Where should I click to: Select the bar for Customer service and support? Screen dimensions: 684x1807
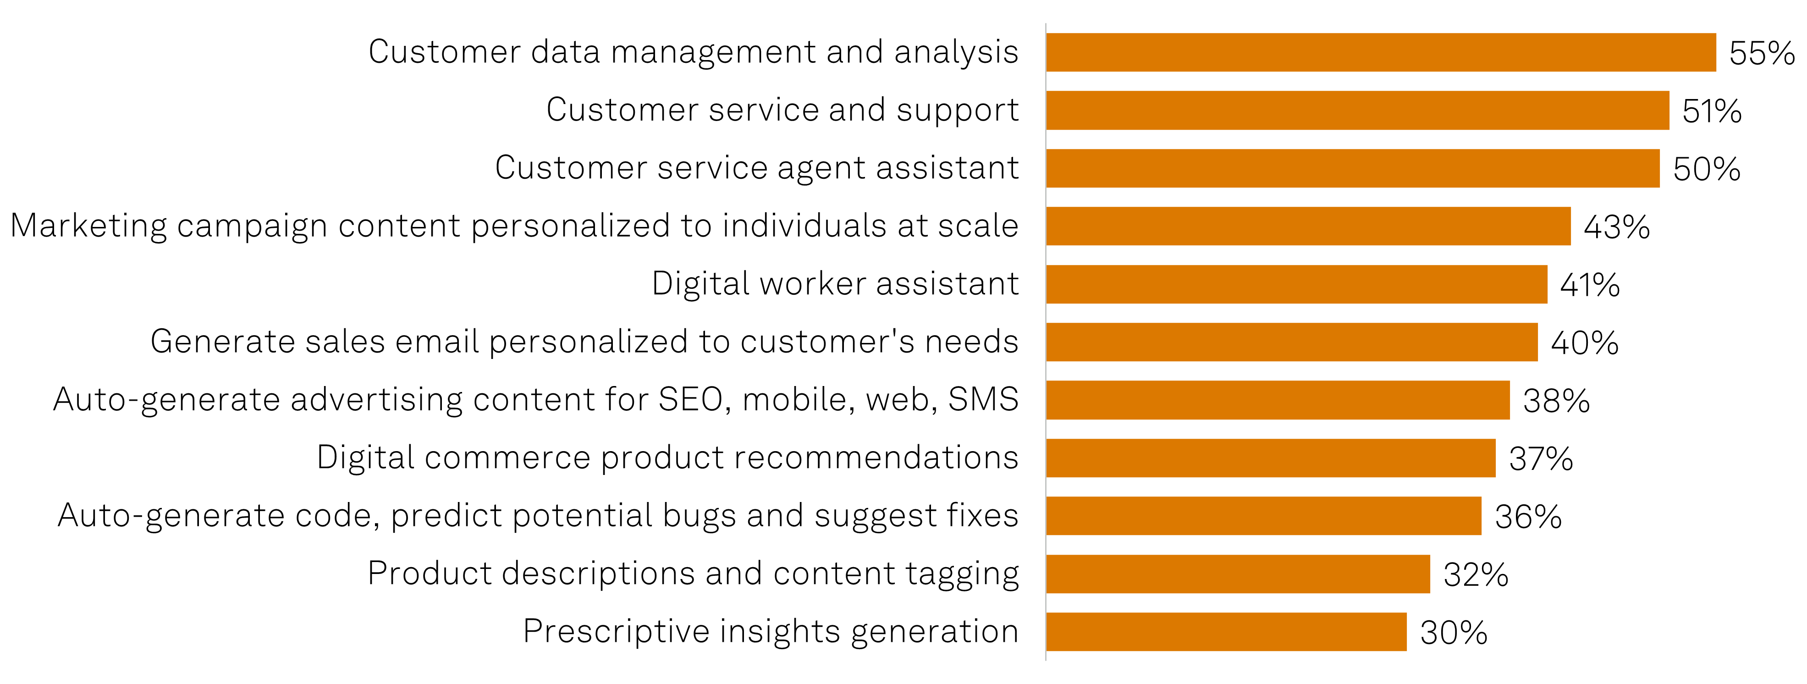pyautogui.click(x=1357, y=110)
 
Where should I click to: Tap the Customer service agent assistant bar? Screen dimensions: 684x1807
pyautogui.click(x=1352, y=168)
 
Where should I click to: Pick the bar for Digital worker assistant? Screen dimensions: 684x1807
pyautogui.click(x=1296, y=284)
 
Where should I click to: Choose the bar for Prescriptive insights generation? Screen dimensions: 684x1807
pyautogui.click(x=1226, y=631)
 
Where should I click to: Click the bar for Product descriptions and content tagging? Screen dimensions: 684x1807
pyautogui.click(x=1237, y=574)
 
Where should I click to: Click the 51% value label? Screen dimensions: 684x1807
pyautogui.click(x=1712, y=111)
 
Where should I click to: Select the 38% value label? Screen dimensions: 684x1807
pyautogui.click(x=1556, y=401)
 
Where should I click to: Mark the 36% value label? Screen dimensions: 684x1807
pyautogui.click(x=1528, y=517)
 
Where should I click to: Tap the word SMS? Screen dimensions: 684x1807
pyautogui.click(x=983, y=400)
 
